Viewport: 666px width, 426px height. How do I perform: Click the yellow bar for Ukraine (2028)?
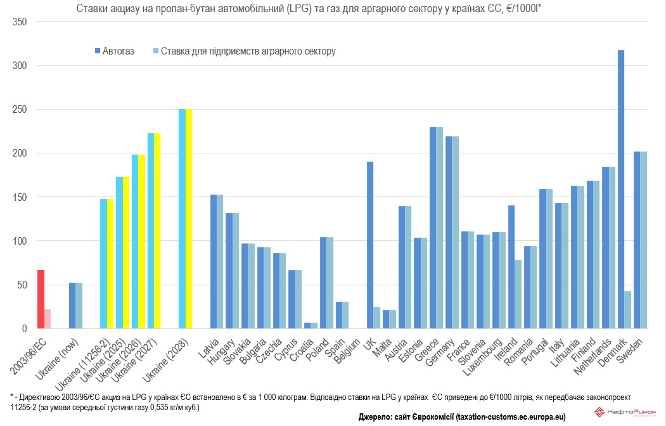click(x=189, y=219)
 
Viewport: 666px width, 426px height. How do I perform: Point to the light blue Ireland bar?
click(x=518, y=294)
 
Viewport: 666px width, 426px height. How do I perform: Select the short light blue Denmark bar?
click(x=628, y=309)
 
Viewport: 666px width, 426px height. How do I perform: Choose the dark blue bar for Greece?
click(x=433, y=228)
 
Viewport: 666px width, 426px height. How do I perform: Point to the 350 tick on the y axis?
click(x=20, y=22)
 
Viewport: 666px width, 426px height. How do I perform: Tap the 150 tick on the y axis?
click(x=20, y=197)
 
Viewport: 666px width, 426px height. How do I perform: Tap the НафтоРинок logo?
click(x=628, y=413)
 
